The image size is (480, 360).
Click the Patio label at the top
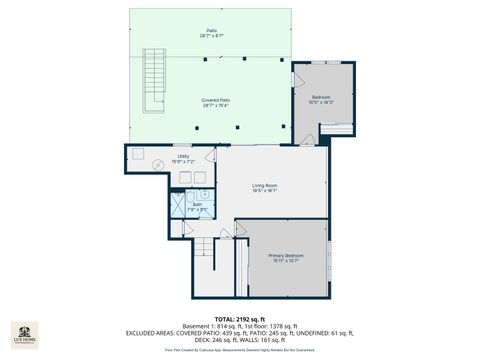pyautogui.click(x=212, y=33)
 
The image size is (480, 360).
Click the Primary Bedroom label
pyautogui.click(x=286, y=258)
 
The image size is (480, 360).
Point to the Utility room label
pyautogui.click(x=183, y=158)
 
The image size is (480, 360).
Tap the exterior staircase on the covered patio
pyautogui.click(x=154, y=80)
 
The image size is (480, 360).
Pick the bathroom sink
pyautogui.click(x=203, y=196)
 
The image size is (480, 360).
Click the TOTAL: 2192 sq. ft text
pyautogui.click(x=239, y=317)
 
